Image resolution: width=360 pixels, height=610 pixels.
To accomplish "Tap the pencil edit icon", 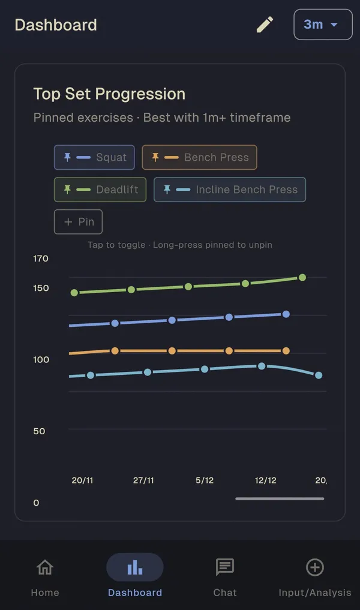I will point(265,24).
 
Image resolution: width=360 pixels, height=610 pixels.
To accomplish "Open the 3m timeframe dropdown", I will point(323,25).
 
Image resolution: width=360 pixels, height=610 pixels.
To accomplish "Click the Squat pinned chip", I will point(94,157).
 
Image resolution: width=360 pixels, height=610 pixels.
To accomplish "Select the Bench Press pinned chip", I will point(199,157).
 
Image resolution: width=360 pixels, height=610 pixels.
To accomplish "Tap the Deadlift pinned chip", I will point(100,190).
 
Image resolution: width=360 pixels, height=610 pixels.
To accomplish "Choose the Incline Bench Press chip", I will point(230,190).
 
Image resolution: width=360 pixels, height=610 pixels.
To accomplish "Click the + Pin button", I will point(79,222).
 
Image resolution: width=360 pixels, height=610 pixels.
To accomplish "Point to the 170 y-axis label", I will point(41,259).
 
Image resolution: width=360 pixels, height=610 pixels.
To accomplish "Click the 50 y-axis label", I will point(39,431).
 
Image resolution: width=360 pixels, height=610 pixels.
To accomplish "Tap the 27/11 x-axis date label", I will point(143,480).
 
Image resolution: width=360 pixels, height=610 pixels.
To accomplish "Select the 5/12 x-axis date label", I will point(205,480).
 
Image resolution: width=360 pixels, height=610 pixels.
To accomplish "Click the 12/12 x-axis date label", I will point(265,480).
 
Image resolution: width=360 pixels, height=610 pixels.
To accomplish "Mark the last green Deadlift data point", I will point(302,277).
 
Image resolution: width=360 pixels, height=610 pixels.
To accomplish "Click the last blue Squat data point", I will point(286,314).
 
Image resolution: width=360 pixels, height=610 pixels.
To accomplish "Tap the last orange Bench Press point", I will point(286,351).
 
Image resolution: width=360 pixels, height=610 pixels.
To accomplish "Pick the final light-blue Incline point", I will point(319,375).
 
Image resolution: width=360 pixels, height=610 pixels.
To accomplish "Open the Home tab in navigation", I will point(45,575).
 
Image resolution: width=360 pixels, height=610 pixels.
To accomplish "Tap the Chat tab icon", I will point(225,567).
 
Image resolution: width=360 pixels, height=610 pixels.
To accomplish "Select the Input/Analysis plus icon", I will point(315,567).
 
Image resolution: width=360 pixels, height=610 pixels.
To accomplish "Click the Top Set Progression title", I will point(109,94).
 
